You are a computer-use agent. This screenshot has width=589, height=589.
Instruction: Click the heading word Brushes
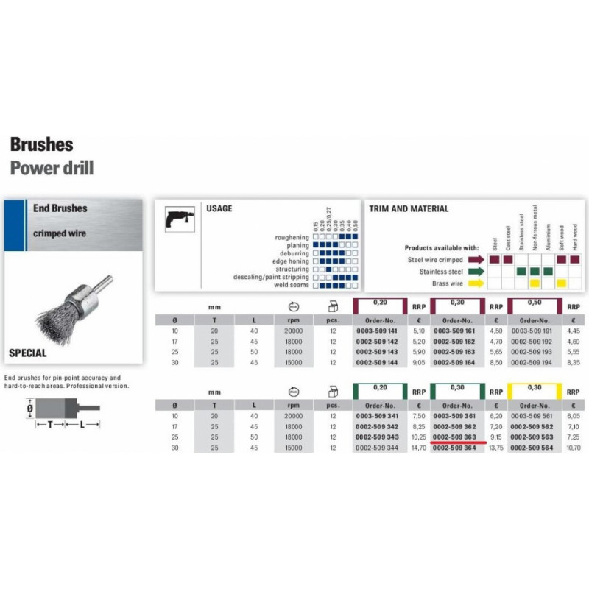[41, 144]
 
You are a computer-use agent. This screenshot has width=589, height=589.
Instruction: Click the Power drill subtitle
[52, 167]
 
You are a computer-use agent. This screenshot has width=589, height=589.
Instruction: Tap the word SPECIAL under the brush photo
[28, 353]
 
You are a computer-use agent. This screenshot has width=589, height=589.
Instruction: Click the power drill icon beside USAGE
[177, 218]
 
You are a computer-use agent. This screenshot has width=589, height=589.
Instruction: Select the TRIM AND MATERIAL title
[408, 208]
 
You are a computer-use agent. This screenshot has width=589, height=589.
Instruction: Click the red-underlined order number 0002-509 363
[457, 436]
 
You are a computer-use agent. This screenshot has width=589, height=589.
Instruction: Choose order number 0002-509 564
[534, 447]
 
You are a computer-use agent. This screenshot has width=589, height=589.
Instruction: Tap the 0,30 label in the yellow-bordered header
[534, 387]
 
